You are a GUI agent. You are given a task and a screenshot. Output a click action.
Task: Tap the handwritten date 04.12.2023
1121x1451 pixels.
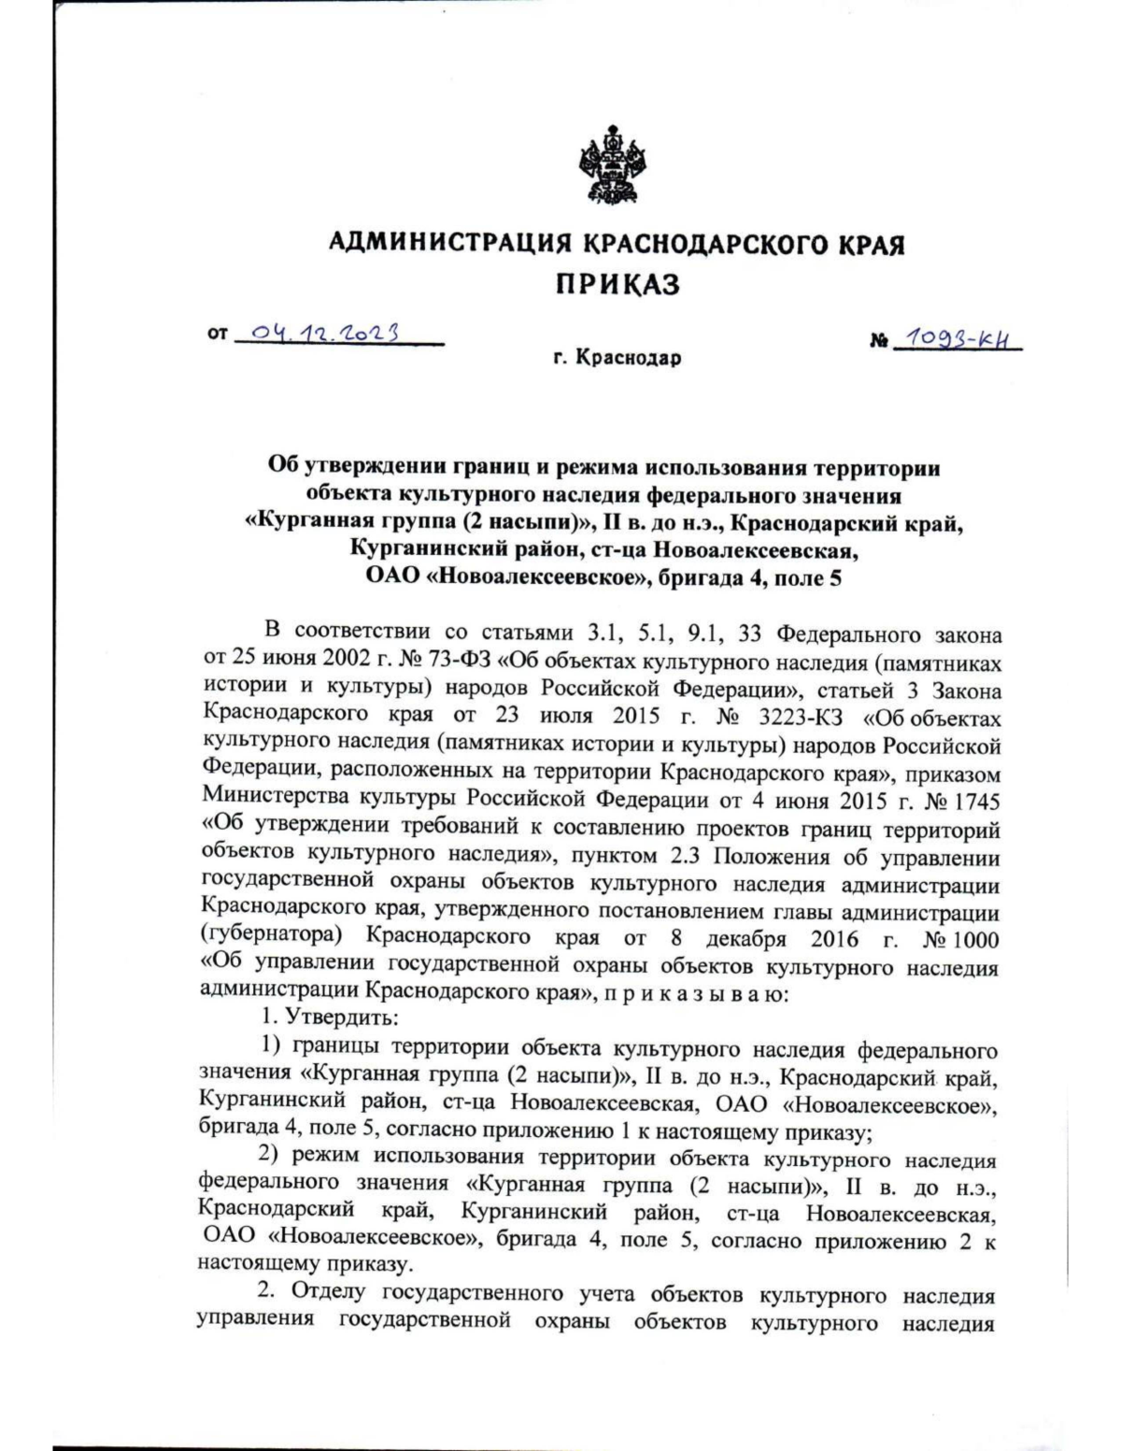(x=326, y=334)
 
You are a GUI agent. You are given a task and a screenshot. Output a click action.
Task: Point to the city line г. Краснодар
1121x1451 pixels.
(x=617, y=358)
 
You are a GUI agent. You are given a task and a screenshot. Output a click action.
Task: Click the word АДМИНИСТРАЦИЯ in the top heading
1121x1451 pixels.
(x=451, y=245)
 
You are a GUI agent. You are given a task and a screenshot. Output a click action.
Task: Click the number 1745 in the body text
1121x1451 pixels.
(x=972, y=801)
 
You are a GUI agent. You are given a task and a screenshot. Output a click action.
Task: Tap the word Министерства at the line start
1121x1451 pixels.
(x=264, y=801)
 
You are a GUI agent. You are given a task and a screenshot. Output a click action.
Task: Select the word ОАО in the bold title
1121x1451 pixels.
(x=391, y=576)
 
